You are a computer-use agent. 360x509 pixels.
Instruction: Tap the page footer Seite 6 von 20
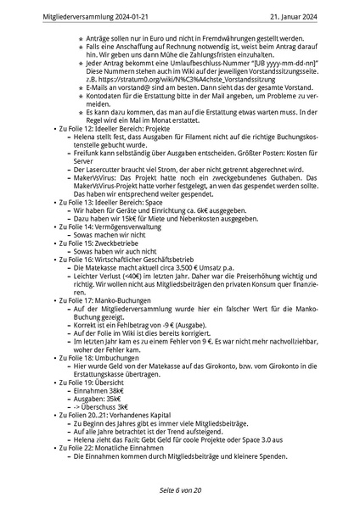click(180, 491)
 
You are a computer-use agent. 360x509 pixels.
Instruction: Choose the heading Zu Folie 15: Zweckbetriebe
click(91, 242)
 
